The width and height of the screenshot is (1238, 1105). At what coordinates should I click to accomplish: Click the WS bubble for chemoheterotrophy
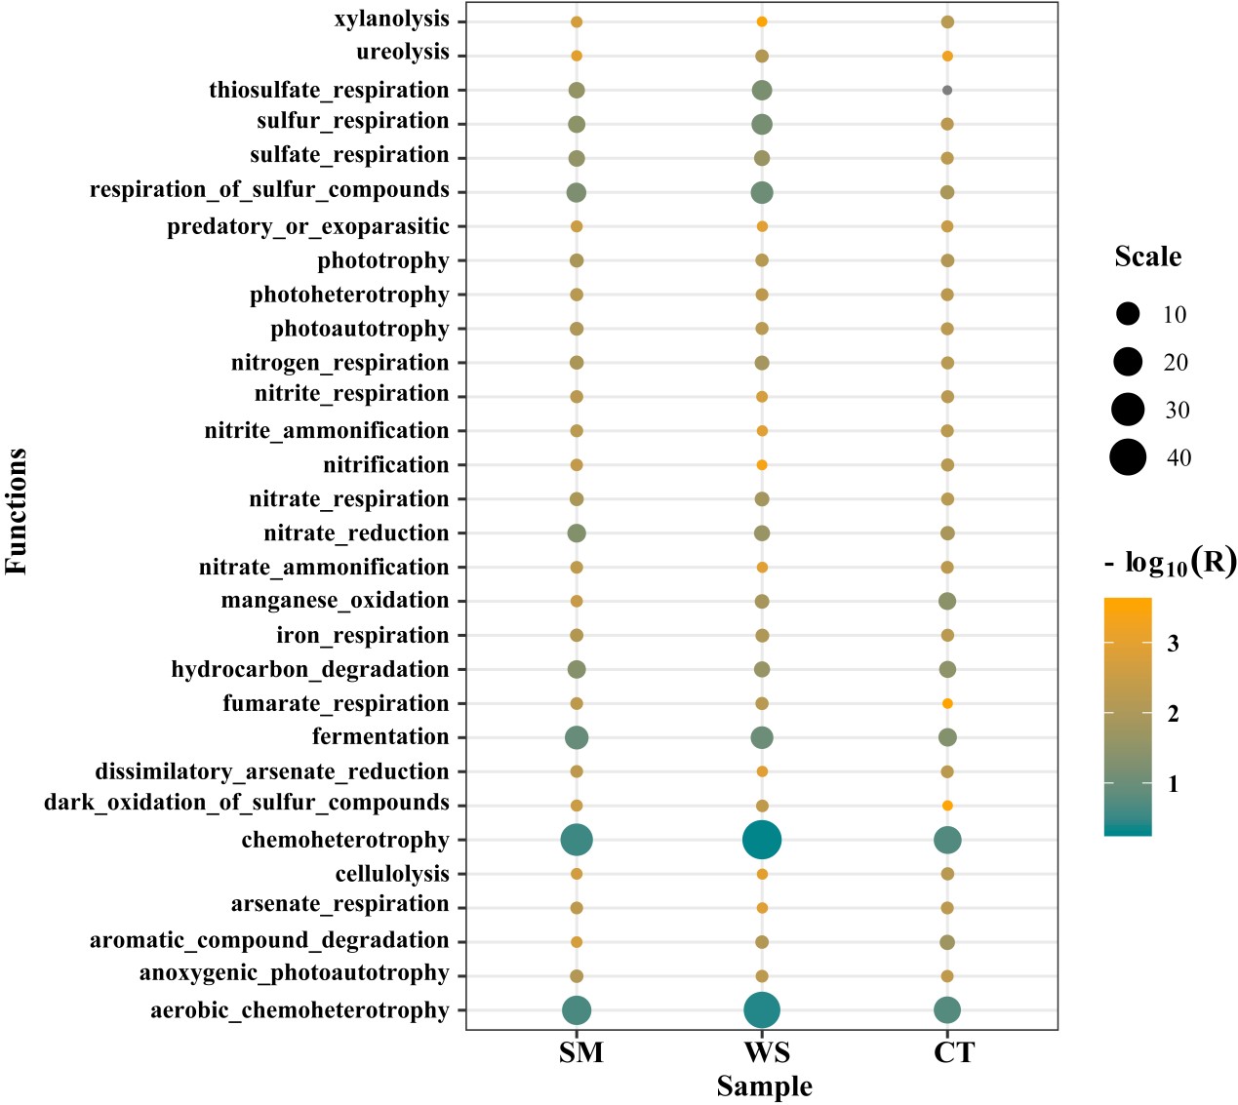762,840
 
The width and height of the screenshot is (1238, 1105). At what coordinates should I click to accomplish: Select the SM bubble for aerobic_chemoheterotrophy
577,1010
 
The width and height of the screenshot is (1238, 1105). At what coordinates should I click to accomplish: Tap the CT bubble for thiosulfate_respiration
947,90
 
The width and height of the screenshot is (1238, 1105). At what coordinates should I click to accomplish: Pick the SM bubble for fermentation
577,737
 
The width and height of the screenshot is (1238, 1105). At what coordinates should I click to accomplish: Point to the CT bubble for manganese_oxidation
947,601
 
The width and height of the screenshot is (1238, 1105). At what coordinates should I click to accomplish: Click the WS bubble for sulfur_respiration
762,124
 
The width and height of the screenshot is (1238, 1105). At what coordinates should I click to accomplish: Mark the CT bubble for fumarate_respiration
947,703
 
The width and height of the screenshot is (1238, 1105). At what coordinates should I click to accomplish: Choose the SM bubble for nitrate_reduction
577,533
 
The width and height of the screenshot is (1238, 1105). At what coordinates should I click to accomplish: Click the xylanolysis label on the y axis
391,20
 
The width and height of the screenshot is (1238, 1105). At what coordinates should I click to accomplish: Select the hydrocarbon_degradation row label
310,670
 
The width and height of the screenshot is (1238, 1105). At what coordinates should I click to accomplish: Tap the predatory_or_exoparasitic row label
308,227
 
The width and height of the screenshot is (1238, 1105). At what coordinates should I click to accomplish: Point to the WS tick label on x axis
767,1053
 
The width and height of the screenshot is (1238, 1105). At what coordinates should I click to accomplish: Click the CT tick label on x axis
953,1053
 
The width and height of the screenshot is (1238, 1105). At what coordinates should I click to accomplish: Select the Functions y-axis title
17,511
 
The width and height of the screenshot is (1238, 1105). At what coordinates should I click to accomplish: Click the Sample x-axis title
764,1086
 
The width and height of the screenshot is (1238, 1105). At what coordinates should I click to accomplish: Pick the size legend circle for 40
1128,457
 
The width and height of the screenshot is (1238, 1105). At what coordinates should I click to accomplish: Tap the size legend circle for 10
1128,314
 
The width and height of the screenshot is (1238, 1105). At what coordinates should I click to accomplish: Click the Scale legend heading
1147,257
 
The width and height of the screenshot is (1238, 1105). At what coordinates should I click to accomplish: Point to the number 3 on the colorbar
1173,643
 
